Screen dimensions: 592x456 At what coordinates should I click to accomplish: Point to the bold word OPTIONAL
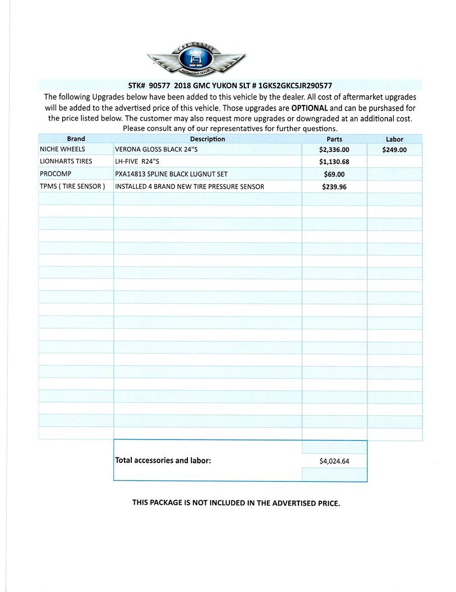(x=309, y=108)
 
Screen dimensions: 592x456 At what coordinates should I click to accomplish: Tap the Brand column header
(x=76, y=139)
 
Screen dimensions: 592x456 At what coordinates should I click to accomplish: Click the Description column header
(x=207, y=139)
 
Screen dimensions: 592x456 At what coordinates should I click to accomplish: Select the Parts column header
(x=334, y=139)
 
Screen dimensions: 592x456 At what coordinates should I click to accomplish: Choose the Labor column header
(x=394, y=140)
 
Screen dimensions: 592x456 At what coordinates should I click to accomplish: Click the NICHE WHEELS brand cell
(x=62, y=149)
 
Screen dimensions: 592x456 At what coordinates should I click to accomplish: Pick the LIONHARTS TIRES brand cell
(x=66, y=161)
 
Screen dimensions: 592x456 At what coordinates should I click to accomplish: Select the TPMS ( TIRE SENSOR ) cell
(x=73, y=186)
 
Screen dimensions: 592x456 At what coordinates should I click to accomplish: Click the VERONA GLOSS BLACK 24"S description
(x=156, y=149)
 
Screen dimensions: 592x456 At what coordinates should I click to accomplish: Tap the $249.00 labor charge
(x=394, y=150)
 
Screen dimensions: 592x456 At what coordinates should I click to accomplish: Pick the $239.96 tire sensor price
(x=334, y=187)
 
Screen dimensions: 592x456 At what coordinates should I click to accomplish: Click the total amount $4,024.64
(x=334, y=461)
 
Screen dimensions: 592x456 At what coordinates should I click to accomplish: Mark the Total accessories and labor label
(x=163, y=460)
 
